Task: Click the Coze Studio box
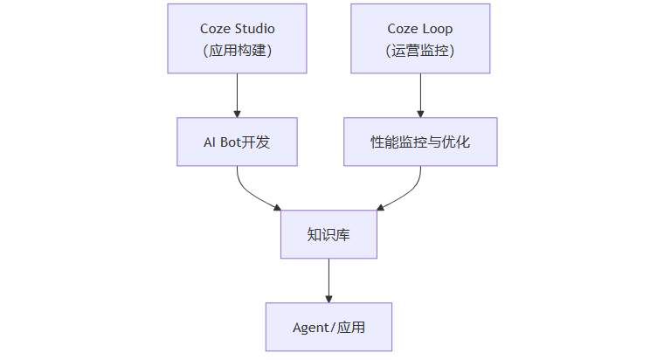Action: tap(237, 38)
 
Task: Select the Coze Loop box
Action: tap(420, 38)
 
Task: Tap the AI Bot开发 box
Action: tap(237, 142)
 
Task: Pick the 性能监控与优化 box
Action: tap(420, 142)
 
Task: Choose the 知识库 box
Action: tap(329, 234)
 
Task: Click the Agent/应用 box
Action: tap(329, 327)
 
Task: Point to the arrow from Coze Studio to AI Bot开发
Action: tap(237, 94)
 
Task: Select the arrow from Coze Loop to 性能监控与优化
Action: tap(420, 94)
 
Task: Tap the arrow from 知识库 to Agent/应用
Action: tap(329, 279)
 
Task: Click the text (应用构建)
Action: tap(237, 50)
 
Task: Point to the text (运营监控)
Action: tap(420, 50)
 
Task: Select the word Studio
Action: tap(254, 28)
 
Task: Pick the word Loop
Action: tap(437, 28)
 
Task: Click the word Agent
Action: tap(311, 328)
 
